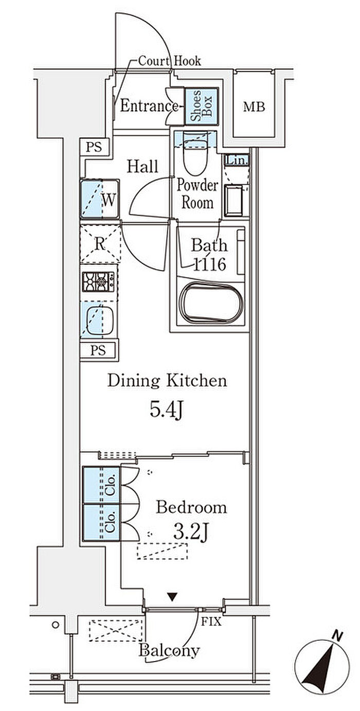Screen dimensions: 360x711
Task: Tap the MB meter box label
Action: coord(254,107)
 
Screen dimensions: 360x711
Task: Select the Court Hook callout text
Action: coord(170,61)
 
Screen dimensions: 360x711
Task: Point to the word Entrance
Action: coord(149,106)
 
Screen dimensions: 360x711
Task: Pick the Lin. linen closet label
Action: coord(237,160)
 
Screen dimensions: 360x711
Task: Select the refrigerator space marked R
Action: coord(100,244)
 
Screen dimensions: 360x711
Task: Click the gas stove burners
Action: coord(99,281)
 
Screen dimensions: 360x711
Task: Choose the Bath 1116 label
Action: coord(209,255)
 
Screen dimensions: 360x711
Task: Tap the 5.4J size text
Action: coord(166,410)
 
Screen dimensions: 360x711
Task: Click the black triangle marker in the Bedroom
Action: coord(172,597)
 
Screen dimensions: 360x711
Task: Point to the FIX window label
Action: coord(211,621)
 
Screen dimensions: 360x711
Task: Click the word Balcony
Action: coord(169,651)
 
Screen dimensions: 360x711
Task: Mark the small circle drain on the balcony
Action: coord(56,625)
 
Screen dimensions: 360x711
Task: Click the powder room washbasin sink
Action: coord(234,201)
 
